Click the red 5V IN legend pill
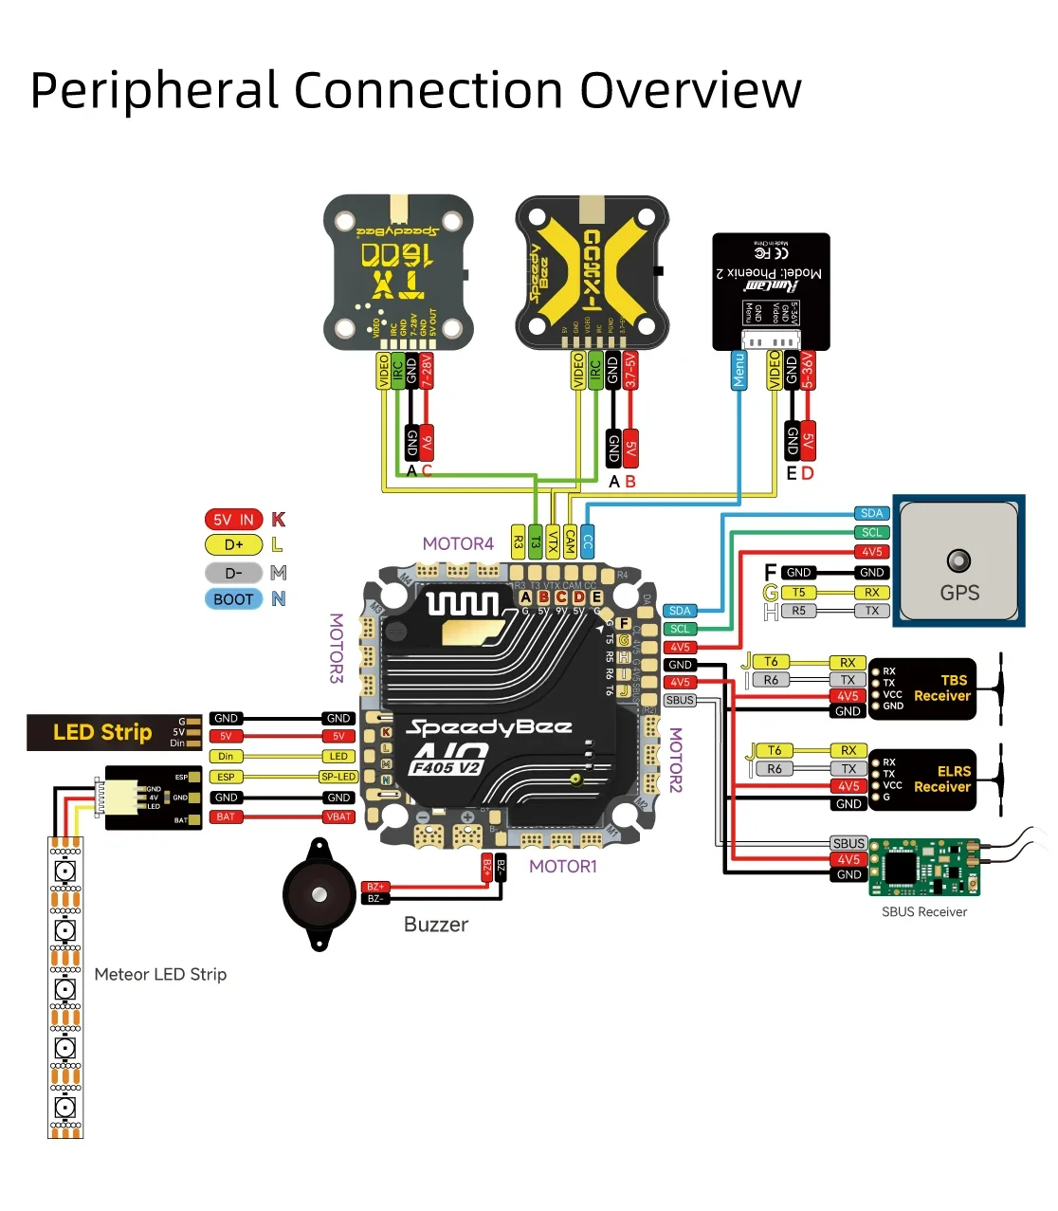[x=233, y=520]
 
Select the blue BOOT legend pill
[x=233, y=599]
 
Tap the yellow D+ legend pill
[x=233, y=545]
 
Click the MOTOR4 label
[x=458, y=544]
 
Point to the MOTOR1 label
[x=563, y=867]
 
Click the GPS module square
[x=958, y=560]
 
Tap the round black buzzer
[x=319, y=894]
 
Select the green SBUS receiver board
[x=924, y=867]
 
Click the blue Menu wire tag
[x=739, y=370]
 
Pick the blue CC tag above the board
[x=588, y=541]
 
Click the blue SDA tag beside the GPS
[x=872, y=514]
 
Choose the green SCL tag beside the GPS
[x=872, y=533]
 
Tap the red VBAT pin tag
[x=338, y=817]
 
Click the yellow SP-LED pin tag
[x=338, y=777]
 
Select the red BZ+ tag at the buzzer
[x=375, y=887]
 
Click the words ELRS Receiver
[x=942, y=780]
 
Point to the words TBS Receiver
[x=942, y=688]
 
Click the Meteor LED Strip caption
[x=160, y=975]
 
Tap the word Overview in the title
[x=690, y=91]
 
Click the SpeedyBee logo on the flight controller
[x=489, y=728]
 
